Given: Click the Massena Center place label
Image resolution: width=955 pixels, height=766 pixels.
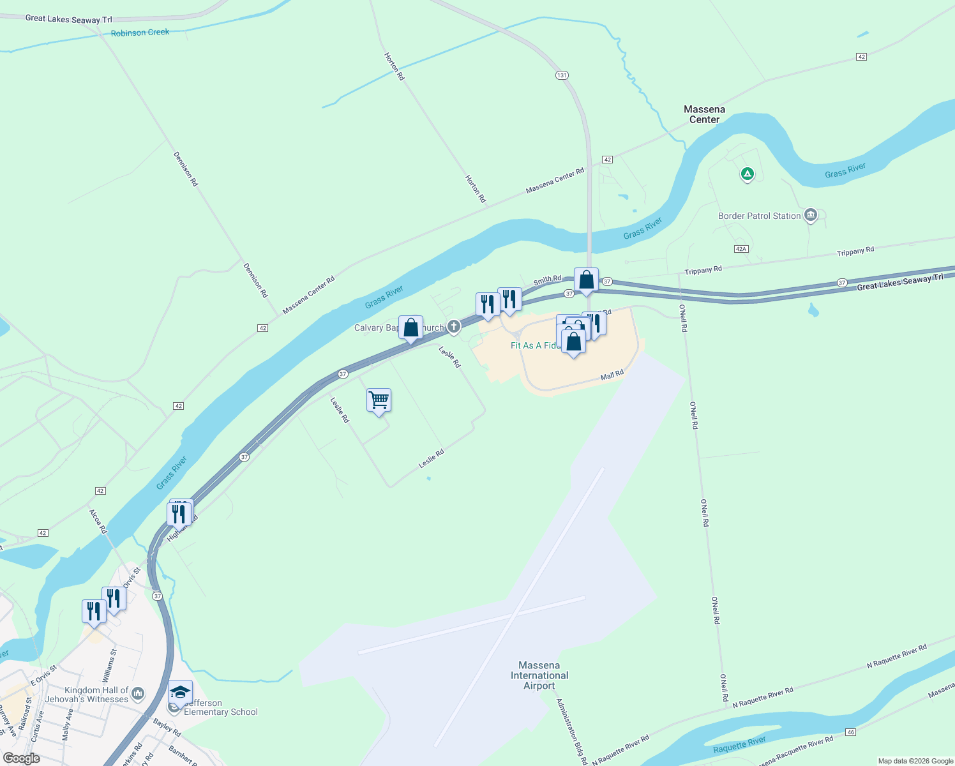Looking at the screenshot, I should coord(704,114).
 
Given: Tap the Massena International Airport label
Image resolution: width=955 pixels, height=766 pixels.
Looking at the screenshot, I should coord(539,675).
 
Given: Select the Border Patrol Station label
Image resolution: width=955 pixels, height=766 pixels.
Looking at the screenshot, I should coord(759,216).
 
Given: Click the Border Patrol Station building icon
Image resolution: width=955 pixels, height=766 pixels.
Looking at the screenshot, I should coord(811,215).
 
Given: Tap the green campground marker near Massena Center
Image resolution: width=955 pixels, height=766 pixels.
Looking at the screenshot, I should coord(747,174).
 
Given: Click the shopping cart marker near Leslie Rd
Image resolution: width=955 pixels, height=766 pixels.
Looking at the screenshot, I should coord(379,401).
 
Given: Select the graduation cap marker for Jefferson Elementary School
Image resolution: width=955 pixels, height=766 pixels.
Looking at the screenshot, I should coord(181,693).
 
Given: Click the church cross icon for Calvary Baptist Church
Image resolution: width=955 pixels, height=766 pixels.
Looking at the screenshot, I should coord(453,327).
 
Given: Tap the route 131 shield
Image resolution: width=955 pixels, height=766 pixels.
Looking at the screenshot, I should coord(561,75).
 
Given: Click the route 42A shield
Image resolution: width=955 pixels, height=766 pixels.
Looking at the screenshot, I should coord(741,249).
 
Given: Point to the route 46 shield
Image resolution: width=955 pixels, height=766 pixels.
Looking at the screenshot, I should coord(850,732).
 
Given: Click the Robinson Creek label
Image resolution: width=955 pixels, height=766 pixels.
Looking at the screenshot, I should coord(140,33).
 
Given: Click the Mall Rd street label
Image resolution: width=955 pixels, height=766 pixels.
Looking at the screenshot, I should coord(612,375).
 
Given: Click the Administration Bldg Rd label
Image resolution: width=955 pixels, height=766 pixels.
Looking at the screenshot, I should coord(571,732).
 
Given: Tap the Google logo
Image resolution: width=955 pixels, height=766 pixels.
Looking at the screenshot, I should coord(21,758).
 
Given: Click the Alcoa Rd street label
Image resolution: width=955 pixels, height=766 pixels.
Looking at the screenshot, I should coord(98,521).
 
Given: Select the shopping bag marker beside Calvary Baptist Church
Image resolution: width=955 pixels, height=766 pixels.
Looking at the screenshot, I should coord(410,328).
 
